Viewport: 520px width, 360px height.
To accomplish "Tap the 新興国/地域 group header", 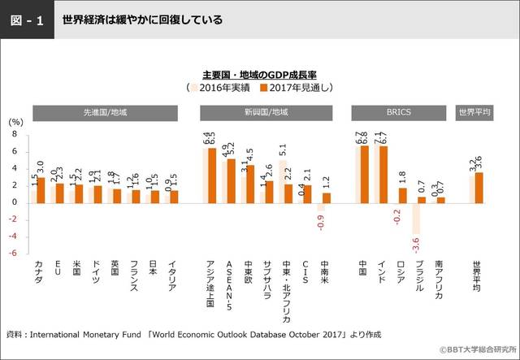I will point(265,113).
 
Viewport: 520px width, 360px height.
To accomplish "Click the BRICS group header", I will point(400,113).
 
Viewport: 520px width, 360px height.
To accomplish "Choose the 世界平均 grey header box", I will point(474,113).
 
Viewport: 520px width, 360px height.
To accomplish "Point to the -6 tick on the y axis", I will point(14,253).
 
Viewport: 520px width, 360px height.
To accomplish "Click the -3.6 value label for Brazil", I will point(416,242).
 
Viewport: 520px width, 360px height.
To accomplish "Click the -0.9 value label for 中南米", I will point(322,219).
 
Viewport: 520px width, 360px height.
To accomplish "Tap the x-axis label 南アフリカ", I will point(439,280).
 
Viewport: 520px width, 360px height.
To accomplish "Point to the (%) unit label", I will point(16,120).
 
